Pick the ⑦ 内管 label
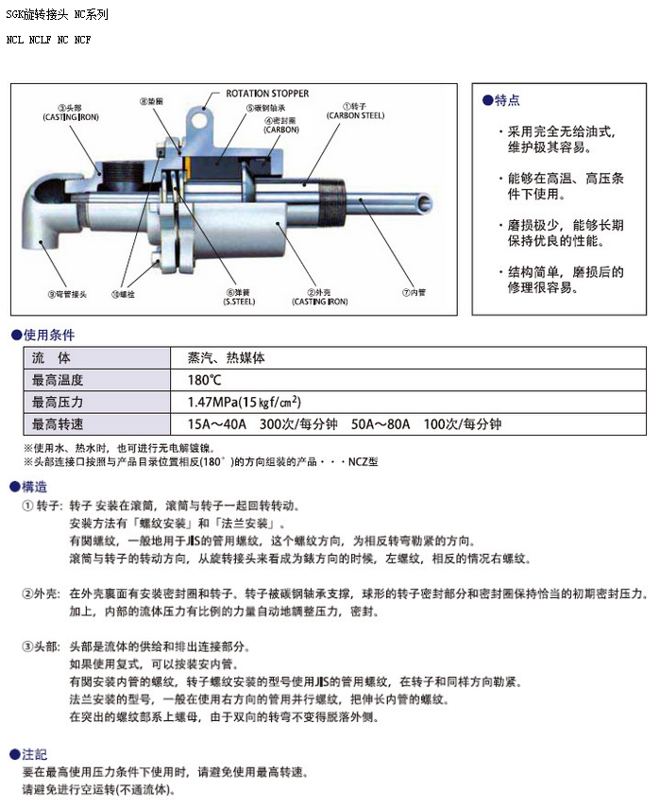click(x=414, y=292)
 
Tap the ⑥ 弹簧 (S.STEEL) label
click(x=238, y=297)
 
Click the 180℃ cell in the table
click(x=205, y=380)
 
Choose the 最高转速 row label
click(x=58, y=424)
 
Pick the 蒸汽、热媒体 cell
click(x=227, y=358)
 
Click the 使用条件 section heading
click(x=48, y=335)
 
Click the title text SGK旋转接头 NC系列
click(x=57, y=15)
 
